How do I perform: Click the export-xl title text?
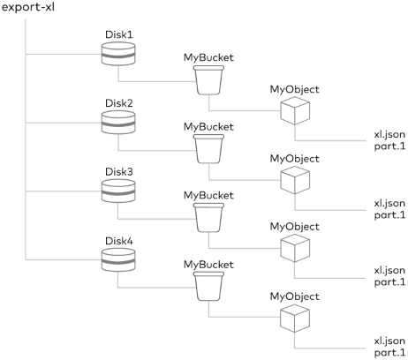click(x=28, y=7)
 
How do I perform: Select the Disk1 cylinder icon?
click(x=118, y=54)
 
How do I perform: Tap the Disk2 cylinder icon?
click(x=118, y=123)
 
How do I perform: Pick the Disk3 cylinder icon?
click(x=118, y=191)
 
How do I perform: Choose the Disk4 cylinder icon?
click(x=118, y=260)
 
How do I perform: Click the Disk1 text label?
click(x=119, y=34)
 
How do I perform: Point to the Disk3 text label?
click(x=119, y=171)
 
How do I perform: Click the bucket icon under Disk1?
click(x=208, y=80)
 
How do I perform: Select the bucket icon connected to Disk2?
click(x=208, y=149)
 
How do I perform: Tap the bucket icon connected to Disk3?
click(x=208, y=218)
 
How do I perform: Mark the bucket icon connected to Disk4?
click(x=208, y=287)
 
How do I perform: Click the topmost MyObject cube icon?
click(x=295, y=111)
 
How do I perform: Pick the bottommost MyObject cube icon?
click(x=295, y=319)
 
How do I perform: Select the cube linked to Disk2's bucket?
click(x=295, y=180)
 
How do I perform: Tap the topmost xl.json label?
click(x=389, y=134)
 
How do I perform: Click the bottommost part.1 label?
click(x=389, y=352)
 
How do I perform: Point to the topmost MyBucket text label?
click(x=208, y=58)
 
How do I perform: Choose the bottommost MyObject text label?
click(x=295, y=296)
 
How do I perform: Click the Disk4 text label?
click(x=119, y=241)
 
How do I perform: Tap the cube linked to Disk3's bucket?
click(x=295, y=248)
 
